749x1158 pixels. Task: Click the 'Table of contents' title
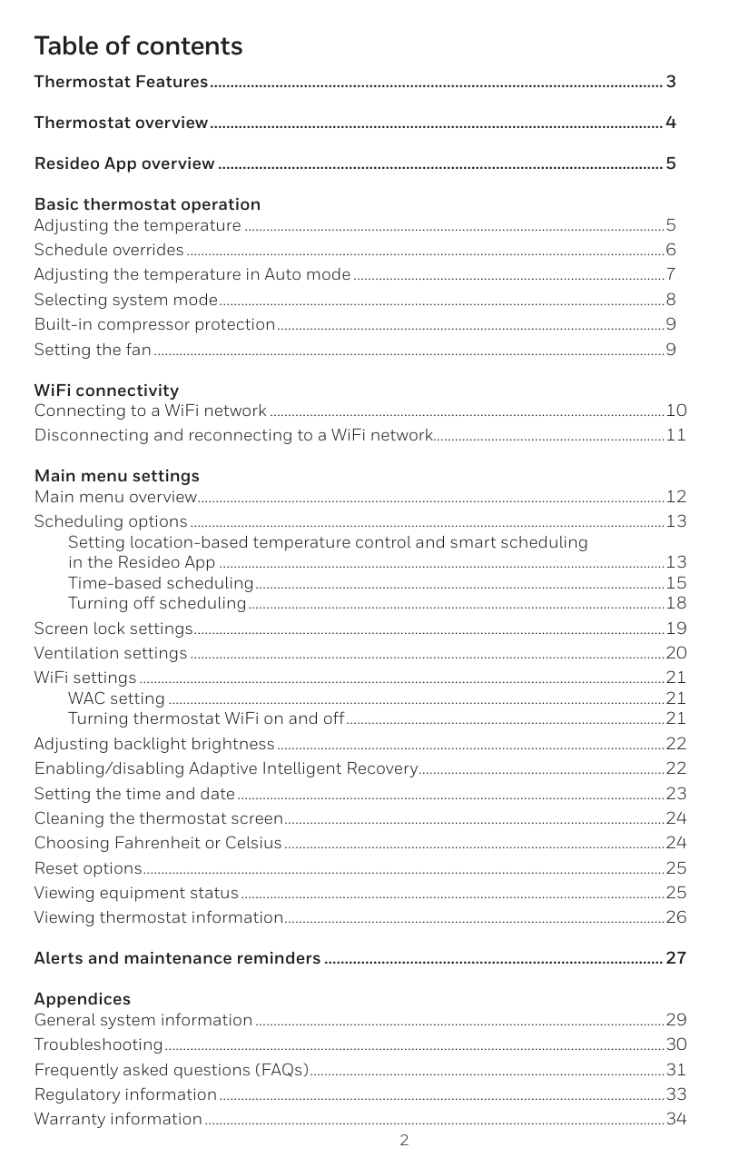tap(138, 45)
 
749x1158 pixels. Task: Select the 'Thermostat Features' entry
tap(121, 83)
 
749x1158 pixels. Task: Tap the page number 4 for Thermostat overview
tap(670, 123)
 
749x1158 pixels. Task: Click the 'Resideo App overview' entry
tap(124, 164)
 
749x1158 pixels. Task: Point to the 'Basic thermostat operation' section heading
tap(147, 204)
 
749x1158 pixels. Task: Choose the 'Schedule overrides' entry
tap(109, 250)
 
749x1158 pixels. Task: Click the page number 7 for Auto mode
tap(670, 274)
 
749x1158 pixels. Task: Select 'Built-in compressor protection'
tap(154, 324)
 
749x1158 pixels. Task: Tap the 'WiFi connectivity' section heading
tap(106, 391)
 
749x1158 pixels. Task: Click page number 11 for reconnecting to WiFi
tap(675, 435)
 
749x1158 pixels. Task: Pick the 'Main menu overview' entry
tap(115, 497)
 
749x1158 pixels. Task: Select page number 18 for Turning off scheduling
tap(675, 604)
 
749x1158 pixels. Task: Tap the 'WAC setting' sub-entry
tap(116, 698)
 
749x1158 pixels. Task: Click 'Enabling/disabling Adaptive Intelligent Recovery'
tap(225, 769)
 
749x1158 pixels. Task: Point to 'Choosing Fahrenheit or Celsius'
tap(158, 843)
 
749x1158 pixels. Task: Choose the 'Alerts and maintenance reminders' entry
tap(177, 958)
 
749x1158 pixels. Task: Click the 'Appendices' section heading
tap(82, 999)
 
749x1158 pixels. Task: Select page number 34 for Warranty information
tap(675, 1118)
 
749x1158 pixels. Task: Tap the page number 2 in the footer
tap(404, 1140)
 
